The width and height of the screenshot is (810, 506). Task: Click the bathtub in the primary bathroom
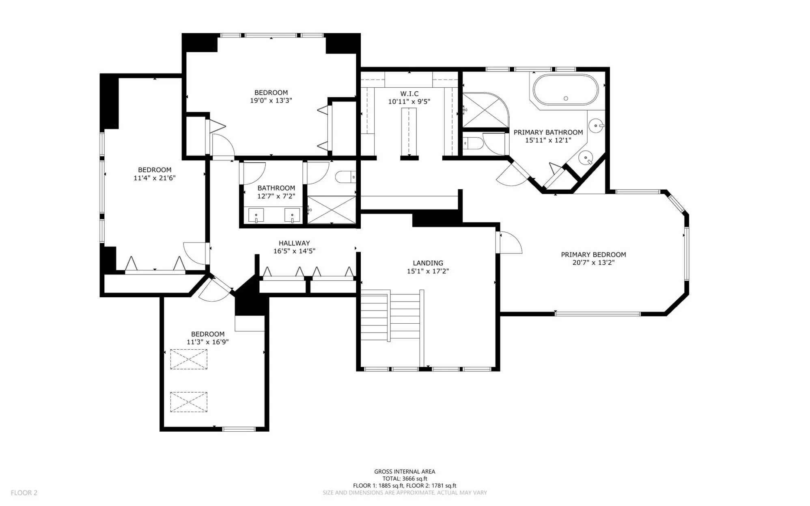pos(565,90)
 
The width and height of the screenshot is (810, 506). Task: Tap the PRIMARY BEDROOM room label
pos(593,255)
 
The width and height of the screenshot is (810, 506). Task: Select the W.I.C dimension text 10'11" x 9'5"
pos(409,102)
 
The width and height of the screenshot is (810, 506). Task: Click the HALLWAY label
pos(294,243)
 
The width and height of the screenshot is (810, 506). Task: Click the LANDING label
pos(428,263)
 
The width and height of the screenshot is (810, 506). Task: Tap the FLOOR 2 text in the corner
pos(24,493)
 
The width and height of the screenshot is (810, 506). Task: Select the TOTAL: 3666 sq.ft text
pos(405,478)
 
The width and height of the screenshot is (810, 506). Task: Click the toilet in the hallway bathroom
pos(346,177)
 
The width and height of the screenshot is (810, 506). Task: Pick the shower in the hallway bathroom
pos(332,210)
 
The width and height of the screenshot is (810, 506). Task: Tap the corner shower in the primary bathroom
pos(485,110)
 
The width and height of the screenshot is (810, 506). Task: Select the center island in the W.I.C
pos(409,132)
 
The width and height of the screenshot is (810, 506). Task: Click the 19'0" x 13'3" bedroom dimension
pos(271,100)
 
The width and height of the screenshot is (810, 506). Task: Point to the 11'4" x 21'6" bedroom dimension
pos(155,178)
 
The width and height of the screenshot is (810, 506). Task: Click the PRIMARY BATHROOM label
pos(548,132)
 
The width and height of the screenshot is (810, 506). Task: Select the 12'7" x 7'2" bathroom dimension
pos(276,196)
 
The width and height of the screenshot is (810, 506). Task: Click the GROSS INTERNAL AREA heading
pos(405,471)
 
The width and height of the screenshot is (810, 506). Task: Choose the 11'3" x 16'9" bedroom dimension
pos(208,342)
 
